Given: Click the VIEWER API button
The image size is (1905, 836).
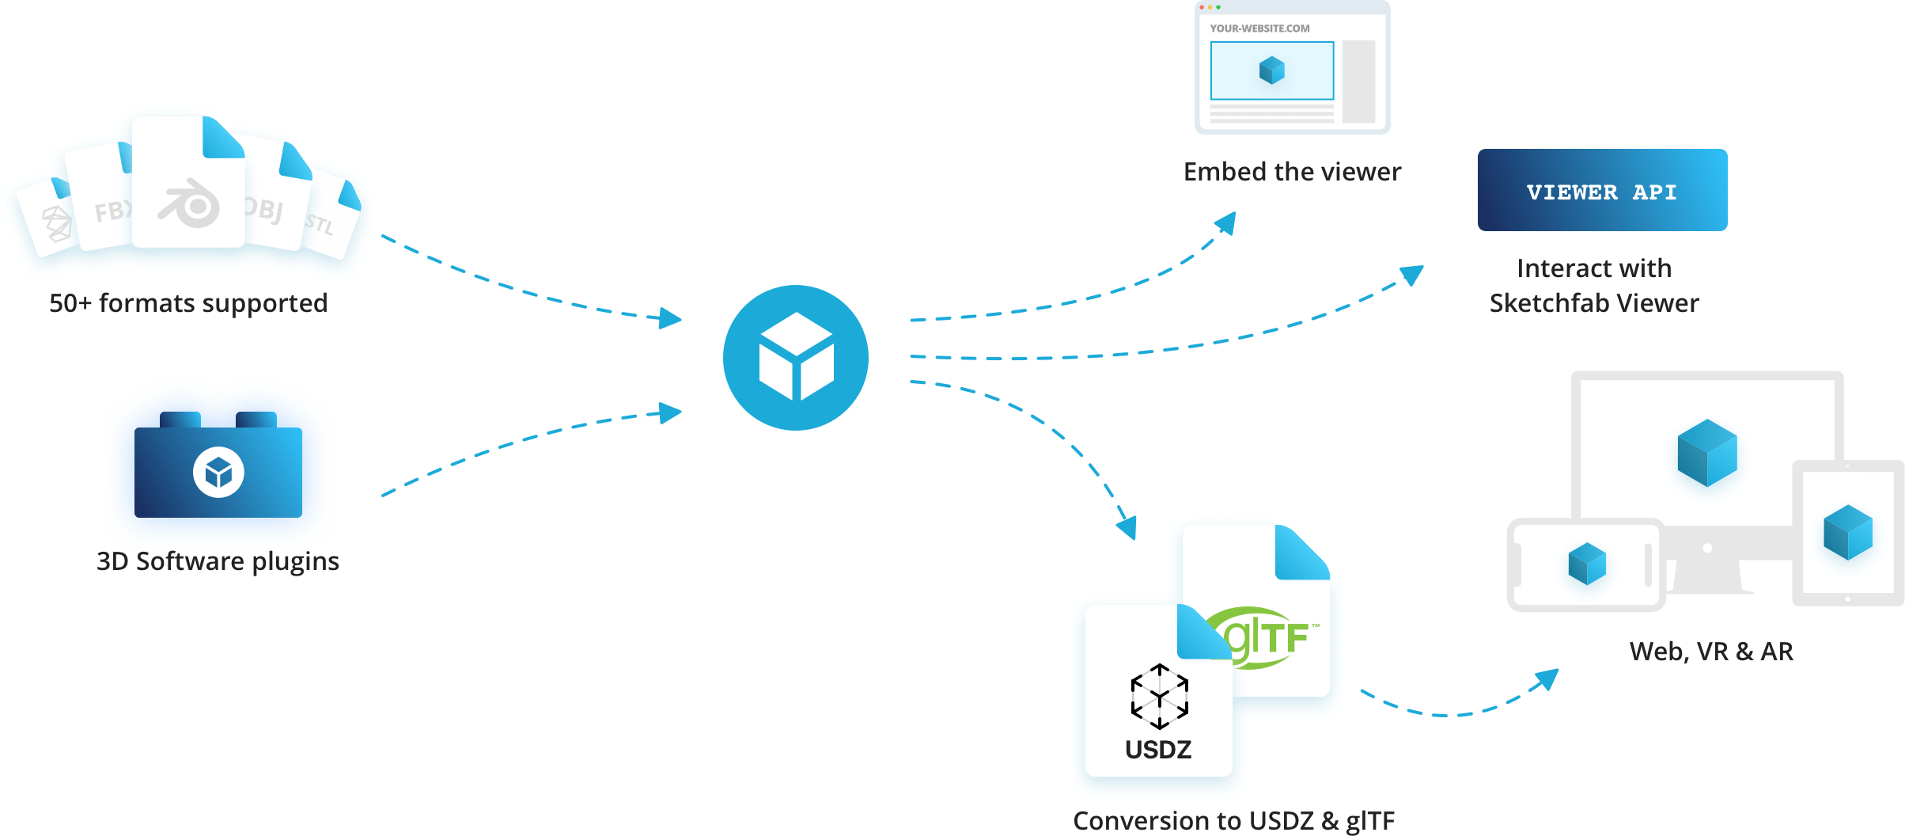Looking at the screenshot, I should (x=1602, y=191).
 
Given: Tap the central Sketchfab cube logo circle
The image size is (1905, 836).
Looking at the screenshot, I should (x=796, y=358).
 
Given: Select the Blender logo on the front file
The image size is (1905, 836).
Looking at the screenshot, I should (x=189, y=203).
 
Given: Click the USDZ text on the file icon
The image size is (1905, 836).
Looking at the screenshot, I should (x=1158, y=749).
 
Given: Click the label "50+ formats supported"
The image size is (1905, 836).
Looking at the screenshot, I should (x=188, y=303).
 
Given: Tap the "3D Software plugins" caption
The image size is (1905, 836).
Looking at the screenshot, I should (x=218, y=561).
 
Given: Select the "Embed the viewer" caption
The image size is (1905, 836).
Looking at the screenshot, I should (x=1292, y=172).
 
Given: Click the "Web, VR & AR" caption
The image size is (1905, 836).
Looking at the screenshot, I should (x=1711, y=652).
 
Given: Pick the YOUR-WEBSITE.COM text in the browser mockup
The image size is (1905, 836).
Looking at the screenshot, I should (x=1259, y=28).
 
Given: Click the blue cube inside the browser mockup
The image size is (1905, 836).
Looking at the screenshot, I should (x=1272, y=70).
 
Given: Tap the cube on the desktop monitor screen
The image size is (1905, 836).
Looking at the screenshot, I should (x=1707, y=452).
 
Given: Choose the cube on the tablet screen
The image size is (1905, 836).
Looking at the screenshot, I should (x=1848, y=532).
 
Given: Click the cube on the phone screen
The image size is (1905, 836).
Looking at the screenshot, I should (x=1587, y=564).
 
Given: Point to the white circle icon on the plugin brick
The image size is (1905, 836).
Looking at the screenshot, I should (x=218, y=473).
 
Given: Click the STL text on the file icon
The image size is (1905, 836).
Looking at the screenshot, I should (x=320, y=225).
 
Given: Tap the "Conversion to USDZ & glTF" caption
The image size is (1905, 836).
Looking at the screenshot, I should (x=1234, y=821).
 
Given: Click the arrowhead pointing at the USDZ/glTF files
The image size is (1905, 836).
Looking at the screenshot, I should (x=1127, y=526).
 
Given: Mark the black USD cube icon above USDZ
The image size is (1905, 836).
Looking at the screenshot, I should (x=1159, y=697).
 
